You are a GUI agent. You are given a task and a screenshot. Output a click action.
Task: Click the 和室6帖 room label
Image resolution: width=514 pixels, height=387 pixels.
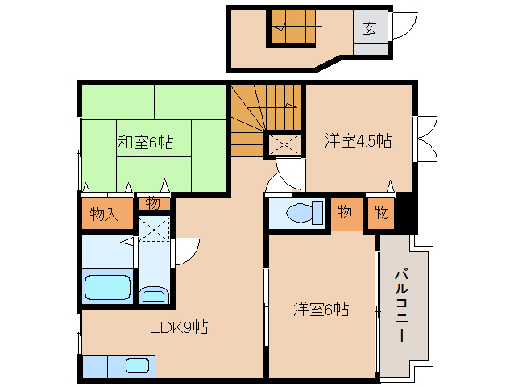pos(145,143)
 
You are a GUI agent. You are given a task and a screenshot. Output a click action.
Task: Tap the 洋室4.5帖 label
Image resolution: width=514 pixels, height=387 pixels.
pos(358,140)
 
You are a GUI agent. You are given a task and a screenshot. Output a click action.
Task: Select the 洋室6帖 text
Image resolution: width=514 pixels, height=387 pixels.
pos(321,309)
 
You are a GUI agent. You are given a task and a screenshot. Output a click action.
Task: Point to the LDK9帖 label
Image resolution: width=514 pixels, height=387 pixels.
pos(179,327)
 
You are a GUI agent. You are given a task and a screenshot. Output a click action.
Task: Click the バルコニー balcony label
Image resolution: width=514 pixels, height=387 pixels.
pos(401,306)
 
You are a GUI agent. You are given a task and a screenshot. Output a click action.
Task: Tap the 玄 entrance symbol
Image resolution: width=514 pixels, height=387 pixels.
pos(370,29)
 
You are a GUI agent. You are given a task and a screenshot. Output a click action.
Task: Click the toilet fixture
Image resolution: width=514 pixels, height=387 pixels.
pos(305,213)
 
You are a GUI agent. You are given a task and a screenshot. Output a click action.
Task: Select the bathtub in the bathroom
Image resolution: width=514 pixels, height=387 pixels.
pos(107,287)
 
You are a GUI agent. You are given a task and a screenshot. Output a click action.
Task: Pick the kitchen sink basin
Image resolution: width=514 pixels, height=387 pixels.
pos(137,366)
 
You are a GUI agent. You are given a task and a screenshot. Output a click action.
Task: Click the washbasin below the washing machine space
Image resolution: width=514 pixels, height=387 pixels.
pos(154,294)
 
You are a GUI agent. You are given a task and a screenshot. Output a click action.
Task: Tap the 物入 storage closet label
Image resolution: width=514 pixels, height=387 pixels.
pos(104,214)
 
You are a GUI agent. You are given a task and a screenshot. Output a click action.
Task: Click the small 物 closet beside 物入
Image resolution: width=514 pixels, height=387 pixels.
pos(153,204)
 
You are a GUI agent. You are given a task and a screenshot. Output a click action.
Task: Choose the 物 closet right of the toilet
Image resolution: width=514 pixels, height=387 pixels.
pos(345,212)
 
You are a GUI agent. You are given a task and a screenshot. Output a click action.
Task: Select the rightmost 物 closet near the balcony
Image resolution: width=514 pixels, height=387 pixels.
pos(382,213)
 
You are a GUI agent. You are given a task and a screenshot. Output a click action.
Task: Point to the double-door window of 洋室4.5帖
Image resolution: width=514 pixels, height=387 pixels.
pos(425,139)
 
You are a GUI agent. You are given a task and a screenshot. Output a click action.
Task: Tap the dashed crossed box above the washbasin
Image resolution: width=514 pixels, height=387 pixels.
pos(154,229)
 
